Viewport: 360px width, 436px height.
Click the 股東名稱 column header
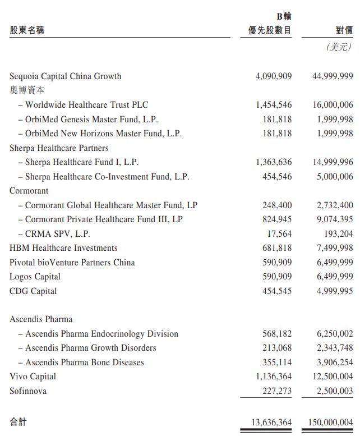27,30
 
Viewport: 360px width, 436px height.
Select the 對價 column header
344,30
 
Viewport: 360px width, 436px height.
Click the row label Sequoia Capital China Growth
65,76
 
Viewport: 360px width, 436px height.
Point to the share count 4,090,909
274,76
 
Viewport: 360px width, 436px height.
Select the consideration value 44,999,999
333,76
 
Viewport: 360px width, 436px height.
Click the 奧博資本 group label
27,90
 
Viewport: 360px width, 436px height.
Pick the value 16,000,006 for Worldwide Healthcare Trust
333,105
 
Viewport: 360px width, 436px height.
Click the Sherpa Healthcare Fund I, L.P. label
82,162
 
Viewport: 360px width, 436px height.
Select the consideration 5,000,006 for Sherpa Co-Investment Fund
335,177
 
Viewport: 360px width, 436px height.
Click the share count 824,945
277,219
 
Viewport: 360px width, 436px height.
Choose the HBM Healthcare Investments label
63,248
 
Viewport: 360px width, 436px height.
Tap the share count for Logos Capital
277,277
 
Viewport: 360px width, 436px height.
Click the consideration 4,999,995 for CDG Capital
335,291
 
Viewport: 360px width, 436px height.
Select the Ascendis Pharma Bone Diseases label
85,362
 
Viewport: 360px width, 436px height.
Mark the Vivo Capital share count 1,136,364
274,377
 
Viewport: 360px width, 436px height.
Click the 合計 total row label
18,421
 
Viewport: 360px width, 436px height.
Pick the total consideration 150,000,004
330,421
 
